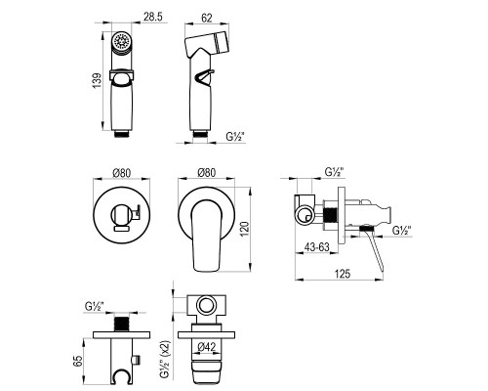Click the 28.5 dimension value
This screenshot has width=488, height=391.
[x=153, y=17]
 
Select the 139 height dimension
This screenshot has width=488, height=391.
[x=97, y=81]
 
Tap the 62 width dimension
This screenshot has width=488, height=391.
[x=207, y=18]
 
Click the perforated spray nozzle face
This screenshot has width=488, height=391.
[x=121, y=42]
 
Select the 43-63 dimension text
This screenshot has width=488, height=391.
[x=316, y=247]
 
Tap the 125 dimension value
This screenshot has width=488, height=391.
[x=343, y=274]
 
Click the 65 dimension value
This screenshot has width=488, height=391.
[x=78, y=361]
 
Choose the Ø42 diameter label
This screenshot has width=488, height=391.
[x=207, y=347]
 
